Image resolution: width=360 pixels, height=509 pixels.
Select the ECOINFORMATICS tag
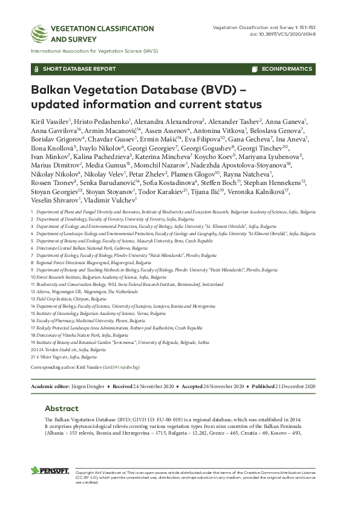[286, 69]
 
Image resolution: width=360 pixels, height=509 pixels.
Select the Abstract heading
[62, 408]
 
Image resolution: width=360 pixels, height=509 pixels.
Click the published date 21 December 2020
[300, 386]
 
